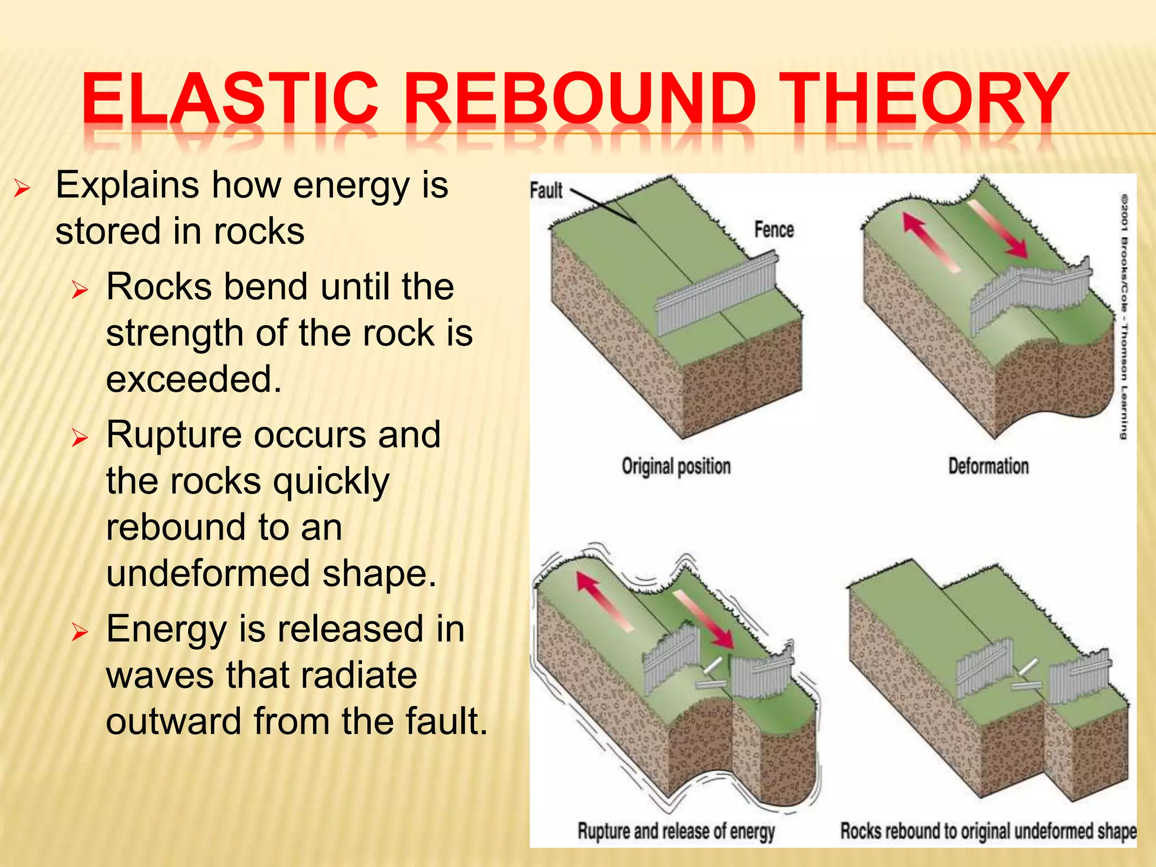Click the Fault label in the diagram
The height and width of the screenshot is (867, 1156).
click(546, 191)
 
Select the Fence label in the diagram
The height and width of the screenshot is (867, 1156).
click(774, 230)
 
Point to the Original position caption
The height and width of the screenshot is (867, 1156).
click(676, 466)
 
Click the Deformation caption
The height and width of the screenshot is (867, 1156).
click(988, 466)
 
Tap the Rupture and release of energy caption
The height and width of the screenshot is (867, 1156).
click(676, 831)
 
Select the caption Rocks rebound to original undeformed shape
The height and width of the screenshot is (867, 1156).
click(988, 831)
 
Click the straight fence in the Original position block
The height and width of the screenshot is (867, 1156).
click(717, 296)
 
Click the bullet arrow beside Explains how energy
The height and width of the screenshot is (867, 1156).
click(21, 187)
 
